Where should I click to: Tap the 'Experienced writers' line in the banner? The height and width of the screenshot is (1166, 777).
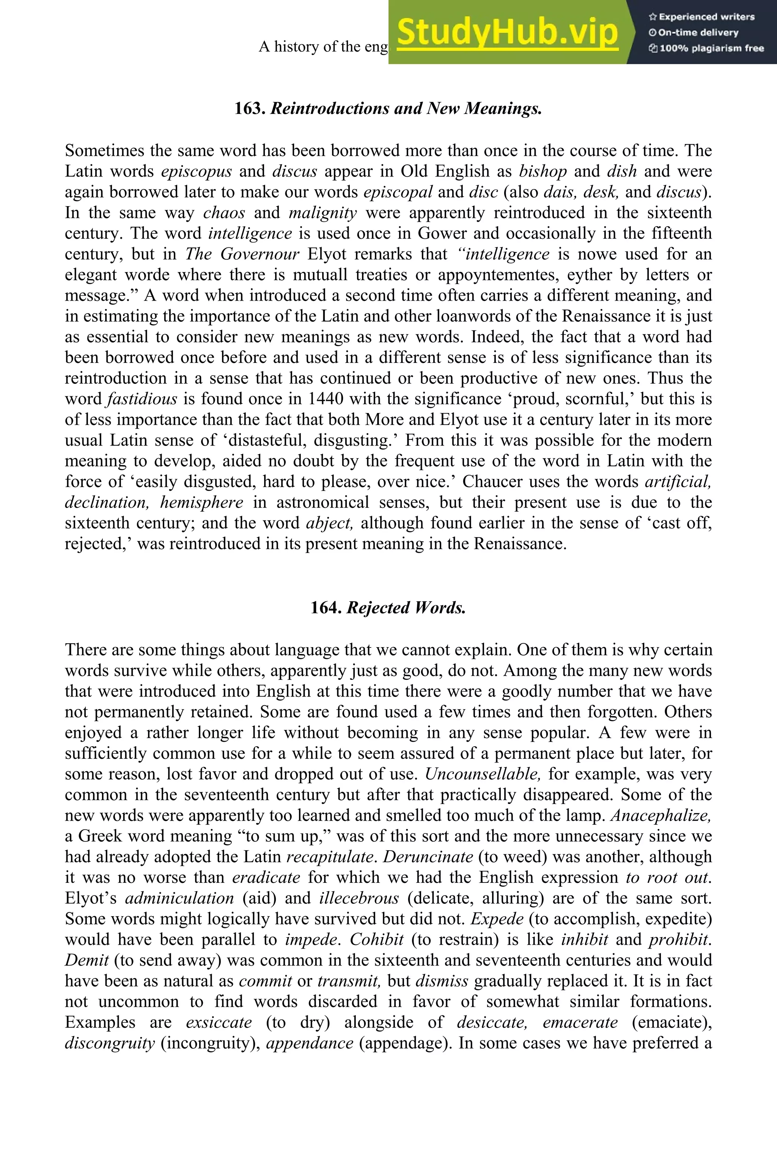[702, 17]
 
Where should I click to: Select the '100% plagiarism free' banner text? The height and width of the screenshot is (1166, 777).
[707, 49]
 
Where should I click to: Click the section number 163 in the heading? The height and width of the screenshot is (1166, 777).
[250, 108]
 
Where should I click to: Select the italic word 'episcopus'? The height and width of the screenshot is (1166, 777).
[196, 172]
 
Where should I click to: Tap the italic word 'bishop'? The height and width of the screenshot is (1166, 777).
[543, 172]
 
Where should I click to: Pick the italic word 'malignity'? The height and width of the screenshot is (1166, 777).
[322, 213]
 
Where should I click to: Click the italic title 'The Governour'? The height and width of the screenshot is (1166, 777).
[242, 254]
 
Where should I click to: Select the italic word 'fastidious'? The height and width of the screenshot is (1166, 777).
[142, 399]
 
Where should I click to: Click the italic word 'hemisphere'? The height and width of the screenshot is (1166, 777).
[201, 503]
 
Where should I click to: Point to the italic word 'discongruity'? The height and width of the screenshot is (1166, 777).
[110, 1043]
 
